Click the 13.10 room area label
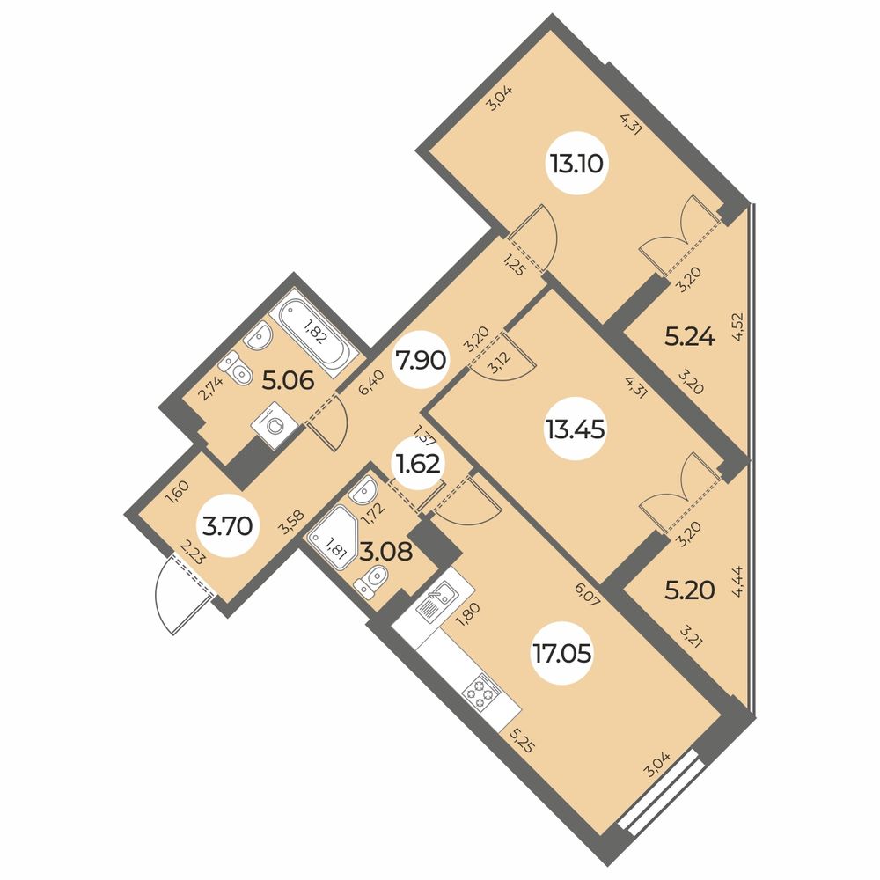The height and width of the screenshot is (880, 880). (576, 165)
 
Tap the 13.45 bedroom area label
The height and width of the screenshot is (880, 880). (574, 430)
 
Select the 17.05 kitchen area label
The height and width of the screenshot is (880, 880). (562, 653)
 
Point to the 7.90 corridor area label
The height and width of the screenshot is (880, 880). (420, 360)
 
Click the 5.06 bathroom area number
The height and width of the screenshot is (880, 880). (287, 382)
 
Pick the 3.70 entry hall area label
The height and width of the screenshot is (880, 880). (228, 527)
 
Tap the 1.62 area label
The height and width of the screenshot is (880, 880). (419, 465)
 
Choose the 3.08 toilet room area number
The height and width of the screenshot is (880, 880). (386, 552)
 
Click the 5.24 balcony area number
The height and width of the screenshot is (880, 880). (690, 338)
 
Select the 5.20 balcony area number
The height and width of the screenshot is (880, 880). (690, 590)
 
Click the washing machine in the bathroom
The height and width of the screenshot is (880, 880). (273, 426)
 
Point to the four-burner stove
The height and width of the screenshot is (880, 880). (481, 692)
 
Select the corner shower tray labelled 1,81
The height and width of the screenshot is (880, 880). (332, 536)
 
